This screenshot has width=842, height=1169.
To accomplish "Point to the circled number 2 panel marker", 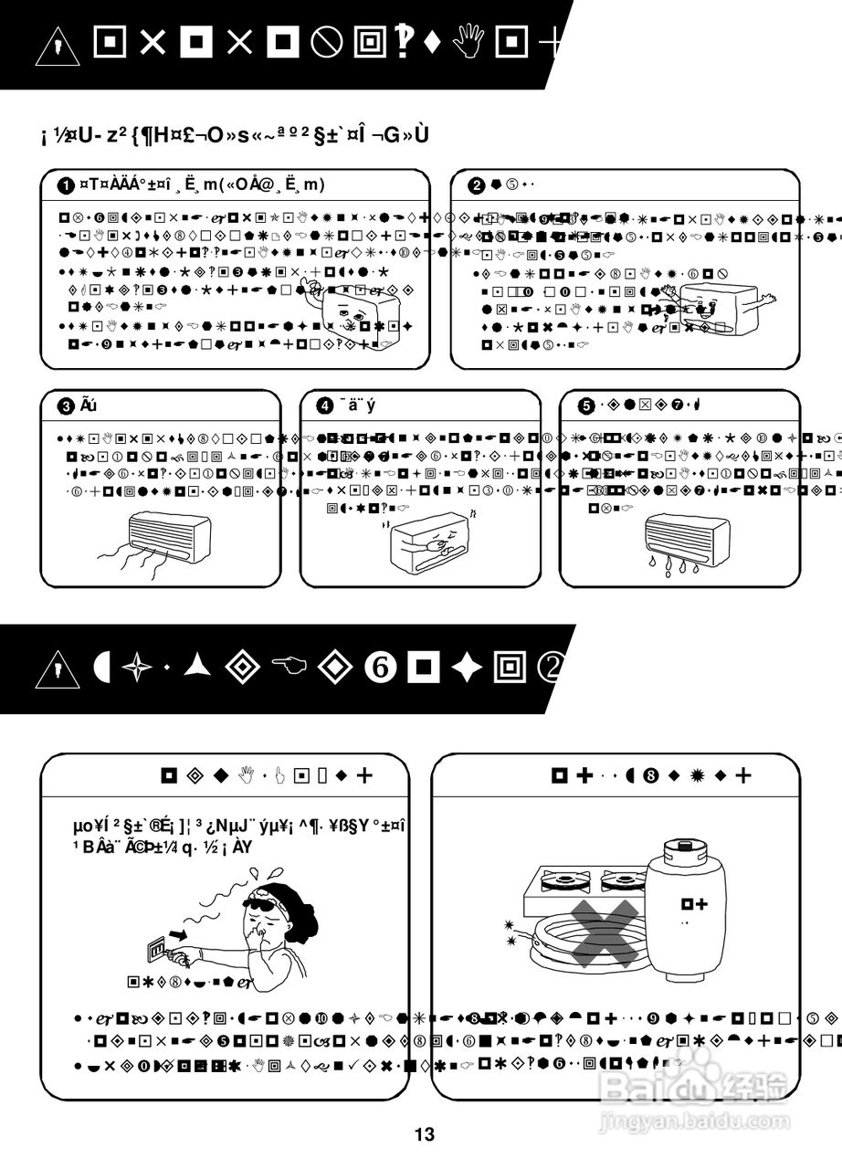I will click(x=476, y=185).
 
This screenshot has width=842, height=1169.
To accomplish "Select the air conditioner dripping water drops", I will click(x=689, y=538).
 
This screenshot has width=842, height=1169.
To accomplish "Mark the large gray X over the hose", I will click(x=605, y=932).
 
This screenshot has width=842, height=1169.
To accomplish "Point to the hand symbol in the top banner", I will click(x=468, y=42).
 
